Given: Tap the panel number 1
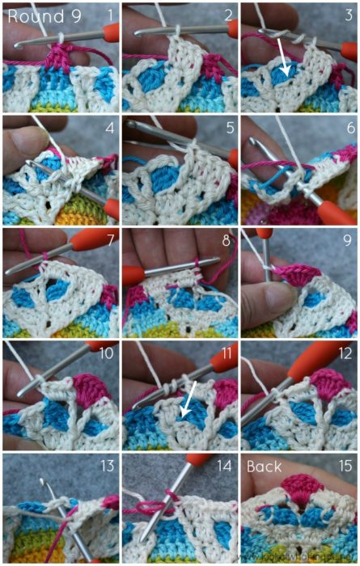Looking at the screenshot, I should pyautogui.click(x=108, y=14).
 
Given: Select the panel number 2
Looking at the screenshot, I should pyautogui.click(x=229, y=14).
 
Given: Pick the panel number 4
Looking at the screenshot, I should pyautogui.click(x=108, y=127).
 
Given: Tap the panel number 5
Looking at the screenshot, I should pyautogui.click(x=229, y=127).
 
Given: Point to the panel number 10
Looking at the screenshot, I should pyautogui.click(x=105, y=353).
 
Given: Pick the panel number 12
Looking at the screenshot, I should pyautogui.click(x=345, y=353).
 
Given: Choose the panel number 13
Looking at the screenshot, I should pyautogui.click(x=105, y=466).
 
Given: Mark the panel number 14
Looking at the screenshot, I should pyautogui.click(x=226, y=466).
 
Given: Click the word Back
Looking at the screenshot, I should pyautogui.click(x=265, y=467).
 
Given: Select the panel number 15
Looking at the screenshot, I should pyautogui.click(x=345, y=466).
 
